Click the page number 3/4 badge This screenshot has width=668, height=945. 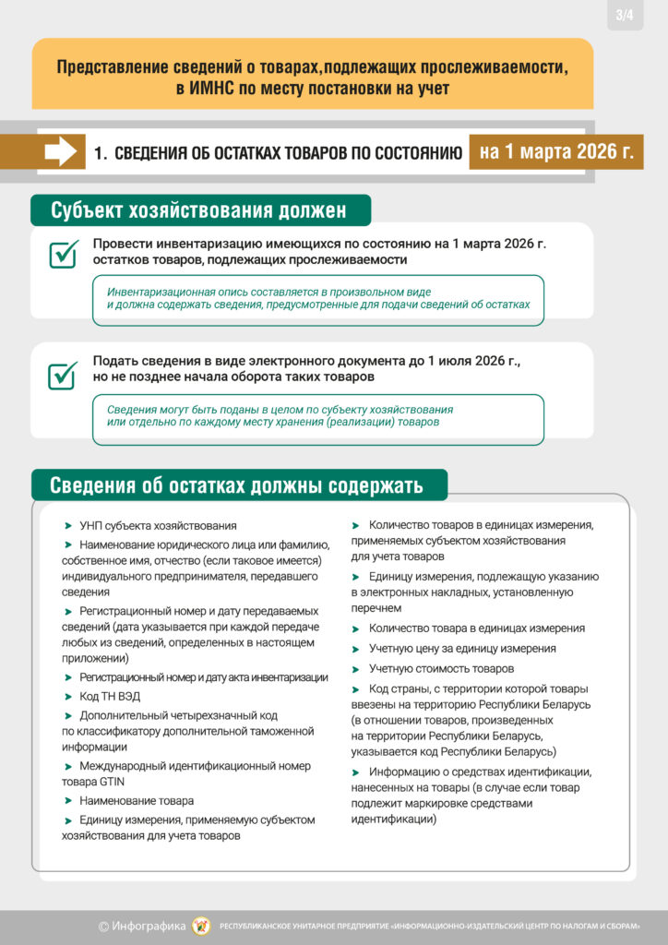click(x=626, y=15)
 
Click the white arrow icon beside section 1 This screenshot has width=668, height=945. click(x=61, y=152)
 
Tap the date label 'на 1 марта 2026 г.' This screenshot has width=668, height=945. click(x=555, y=151)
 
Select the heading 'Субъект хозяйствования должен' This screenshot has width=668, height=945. click(x=199, y=210)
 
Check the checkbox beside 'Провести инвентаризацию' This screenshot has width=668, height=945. click(x=62, y=253)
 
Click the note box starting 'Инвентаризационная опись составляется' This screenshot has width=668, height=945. click(x=318, y=298)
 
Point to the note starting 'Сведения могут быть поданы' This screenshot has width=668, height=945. click(x=318, y=416)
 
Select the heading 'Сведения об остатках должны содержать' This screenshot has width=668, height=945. click(x=237, y=485)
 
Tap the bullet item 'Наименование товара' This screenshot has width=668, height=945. click(x=136, y=801)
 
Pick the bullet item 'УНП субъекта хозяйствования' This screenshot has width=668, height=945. click(x=157, y=525)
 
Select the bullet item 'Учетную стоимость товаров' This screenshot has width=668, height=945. click(x=441, y=669)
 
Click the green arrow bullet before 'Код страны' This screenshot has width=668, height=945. click(x=356, y=689)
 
